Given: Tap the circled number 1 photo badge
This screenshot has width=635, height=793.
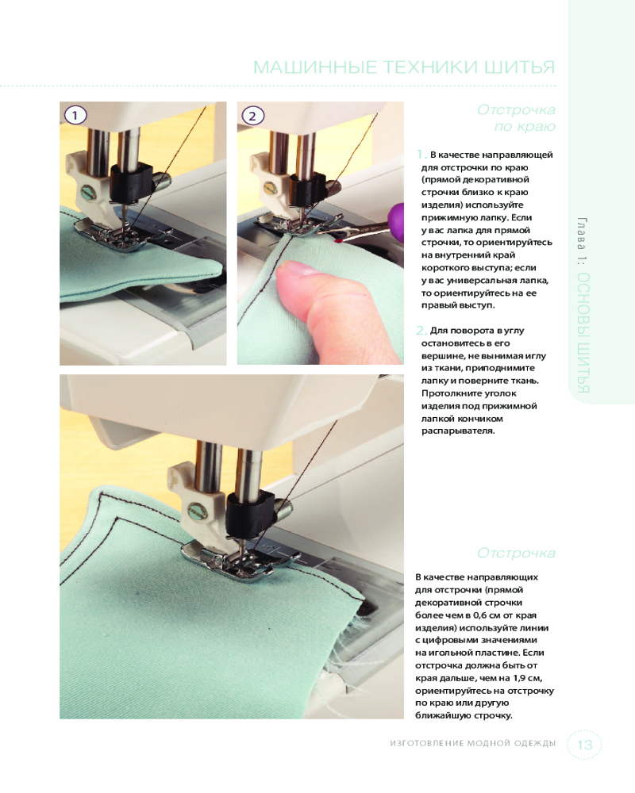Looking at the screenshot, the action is click(x=75, y=116).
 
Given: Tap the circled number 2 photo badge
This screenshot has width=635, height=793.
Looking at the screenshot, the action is click(x=252, y=116).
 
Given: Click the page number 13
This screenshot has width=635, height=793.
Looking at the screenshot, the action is click(x=584, y=745).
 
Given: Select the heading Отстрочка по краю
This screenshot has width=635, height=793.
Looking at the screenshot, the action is click(x=516, y=118).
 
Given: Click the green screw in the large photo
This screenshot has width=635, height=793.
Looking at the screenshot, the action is click(x=198, y=511).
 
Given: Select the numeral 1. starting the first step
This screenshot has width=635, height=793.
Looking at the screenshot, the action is click(x=421, y=155).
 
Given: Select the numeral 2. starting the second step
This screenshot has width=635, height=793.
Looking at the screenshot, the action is click(x=421, y=330).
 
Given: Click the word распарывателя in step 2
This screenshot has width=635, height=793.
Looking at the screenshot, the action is click(x=458, y=431).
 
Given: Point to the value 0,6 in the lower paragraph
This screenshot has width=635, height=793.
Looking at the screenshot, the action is click(x=480, y=615).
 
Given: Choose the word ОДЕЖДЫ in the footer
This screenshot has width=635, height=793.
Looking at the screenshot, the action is click(x=535, y=744).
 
